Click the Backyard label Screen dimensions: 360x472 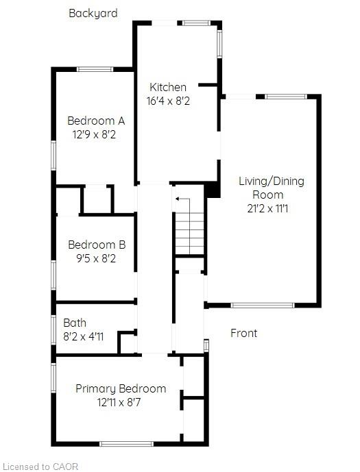pyautogui.click(x=93, y=14)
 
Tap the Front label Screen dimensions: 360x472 pyautogui.click(x=243, y=333)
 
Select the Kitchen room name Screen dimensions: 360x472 pyautogui.click(x=168, y=87)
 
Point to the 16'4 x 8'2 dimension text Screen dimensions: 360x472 pyautogui.click(x=168, y=101)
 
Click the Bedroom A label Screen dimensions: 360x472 pyautogui.click(x=96, y=121)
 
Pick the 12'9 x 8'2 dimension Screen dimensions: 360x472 pyautogui.click(x=94, y=134)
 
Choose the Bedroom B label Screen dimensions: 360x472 pyautogui.click(x=97, y=245)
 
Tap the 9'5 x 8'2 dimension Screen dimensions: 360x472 pyautogui.click(x=96, y=258)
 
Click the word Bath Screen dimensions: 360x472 pyautogui.click(x=75, y=323)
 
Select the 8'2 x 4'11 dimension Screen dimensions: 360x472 pyautogui.click(x=83, y=336)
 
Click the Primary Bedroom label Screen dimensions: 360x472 pyautogui.click(x=121, y=388)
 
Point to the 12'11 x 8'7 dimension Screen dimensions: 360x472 pyautogui.click(x=119, y=402)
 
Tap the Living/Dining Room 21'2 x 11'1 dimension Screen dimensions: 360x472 pyautogui.click(x=267, y=208)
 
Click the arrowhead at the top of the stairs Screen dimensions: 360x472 pyautogui.click(x=178, y=199)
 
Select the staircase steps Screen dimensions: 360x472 pyautogui.click(x=189, y=234)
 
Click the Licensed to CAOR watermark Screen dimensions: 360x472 pyautogui.click(x=39, y=467)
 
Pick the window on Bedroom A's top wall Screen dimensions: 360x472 pyautogui.click(x=95, y=69)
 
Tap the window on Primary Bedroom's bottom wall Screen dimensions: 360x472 pyautogui.click(x=127, y=444)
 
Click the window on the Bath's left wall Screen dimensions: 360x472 pyautogui.click(x=53, y=330)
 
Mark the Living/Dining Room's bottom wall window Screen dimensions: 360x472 pyautogui.click(x=263, y=306)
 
